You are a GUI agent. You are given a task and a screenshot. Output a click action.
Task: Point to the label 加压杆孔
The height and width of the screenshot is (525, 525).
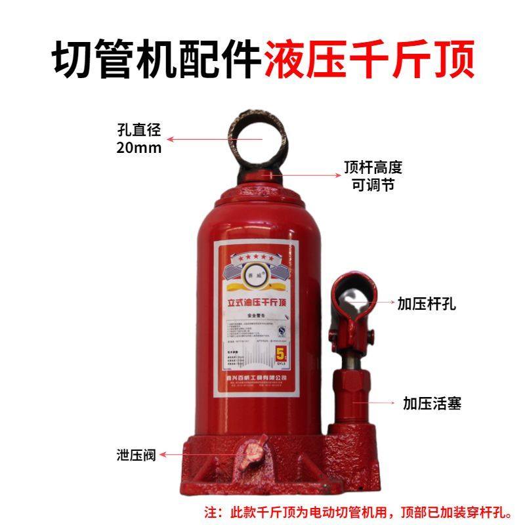pos(426,303)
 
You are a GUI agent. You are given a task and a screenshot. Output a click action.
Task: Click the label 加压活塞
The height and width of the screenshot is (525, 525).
pos(432,403)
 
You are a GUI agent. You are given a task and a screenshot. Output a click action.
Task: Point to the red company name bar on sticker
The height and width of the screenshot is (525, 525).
pos(256,379)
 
